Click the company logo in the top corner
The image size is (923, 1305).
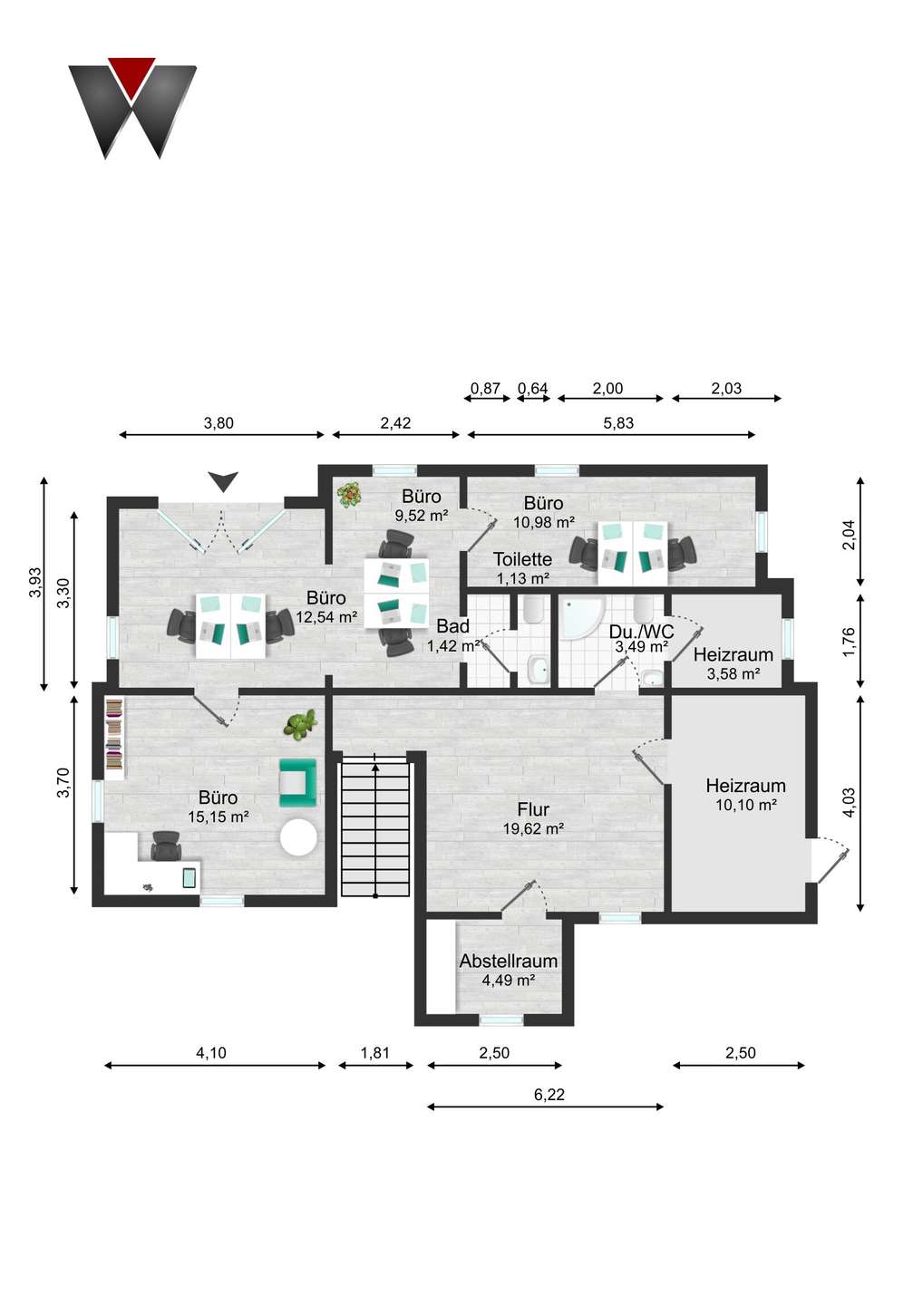pyautogui.click(x=132, y=107)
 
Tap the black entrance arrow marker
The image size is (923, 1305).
pyautogui.click(x=223, y=481)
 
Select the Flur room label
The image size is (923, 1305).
pyautogui.click(x=533, y=809)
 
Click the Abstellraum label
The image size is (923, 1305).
pyautogui.click(x=508, y=961)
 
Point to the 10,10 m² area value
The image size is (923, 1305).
pyautogui.click(x=745, y=805)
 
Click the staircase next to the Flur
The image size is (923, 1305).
pyautogui.click(x=374, y=826)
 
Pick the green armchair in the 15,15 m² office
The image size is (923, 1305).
pyautogui.click(x=297, y=782)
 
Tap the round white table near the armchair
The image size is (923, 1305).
pyautogui.click(x=298, y=837)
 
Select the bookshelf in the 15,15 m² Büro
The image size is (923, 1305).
pyautogui.click(x=114, y=738)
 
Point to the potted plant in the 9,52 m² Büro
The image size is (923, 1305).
pyautogui.click(x=349, y=495)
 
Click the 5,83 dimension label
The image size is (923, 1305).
pyautogui.click(x=618, y=423)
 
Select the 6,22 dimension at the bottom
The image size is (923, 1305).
pyautogui.click(x=549, y=1095)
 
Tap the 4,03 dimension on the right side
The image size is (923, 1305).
pyautogui.click(x=849, y=803)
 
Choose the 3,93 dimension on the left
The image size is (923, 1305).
pyautogui.click(x=34, y=582)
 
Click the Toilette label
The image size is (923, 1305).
pyautogui.click(x=522, y=559)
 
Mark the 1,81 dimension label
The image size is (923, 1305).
pyautogui.click(x=374, y=1053)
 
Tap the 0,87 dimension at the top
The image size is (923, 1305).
pyautogui.click(x=485, y=389)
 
